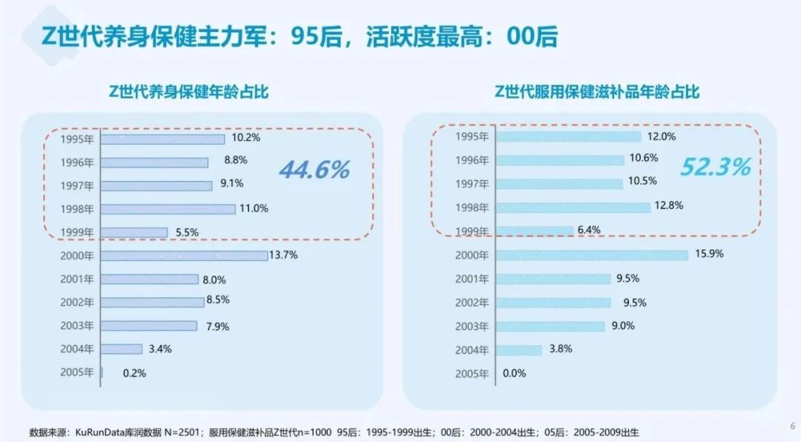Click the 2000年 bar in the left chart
pyautogui.click(x=184, y=256)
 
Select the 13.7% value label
pyautogui.click(x=283, y=256)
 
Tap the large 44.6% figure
pyautogui.click(x=314, y=170)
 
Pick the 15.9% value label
pyautogui.click(x=709, y=254)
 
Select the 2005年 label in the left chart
pyautogui.click(x=77, y=372)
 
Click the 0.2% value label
pyautogui.click(x=135, y=373)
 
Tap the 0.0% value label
pyautogui.click(x=515, y=373)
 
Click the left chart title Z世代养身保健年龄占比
pyautogui.click(x=188, y=92)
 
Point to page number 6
pyautogui.click(x=792, y=426)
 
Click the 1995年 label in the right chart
pyautogui.click(x=472, y=136)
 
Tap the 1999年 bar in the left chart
pyautogui.click(x=134, y=232)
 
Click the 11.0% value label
pyautogui.click(x=254, y=208)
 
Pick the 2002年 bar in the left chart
pyautogui.click(x=152, y=303)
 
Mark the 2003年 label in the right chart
pyautogui.click(x=472, y=326)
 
